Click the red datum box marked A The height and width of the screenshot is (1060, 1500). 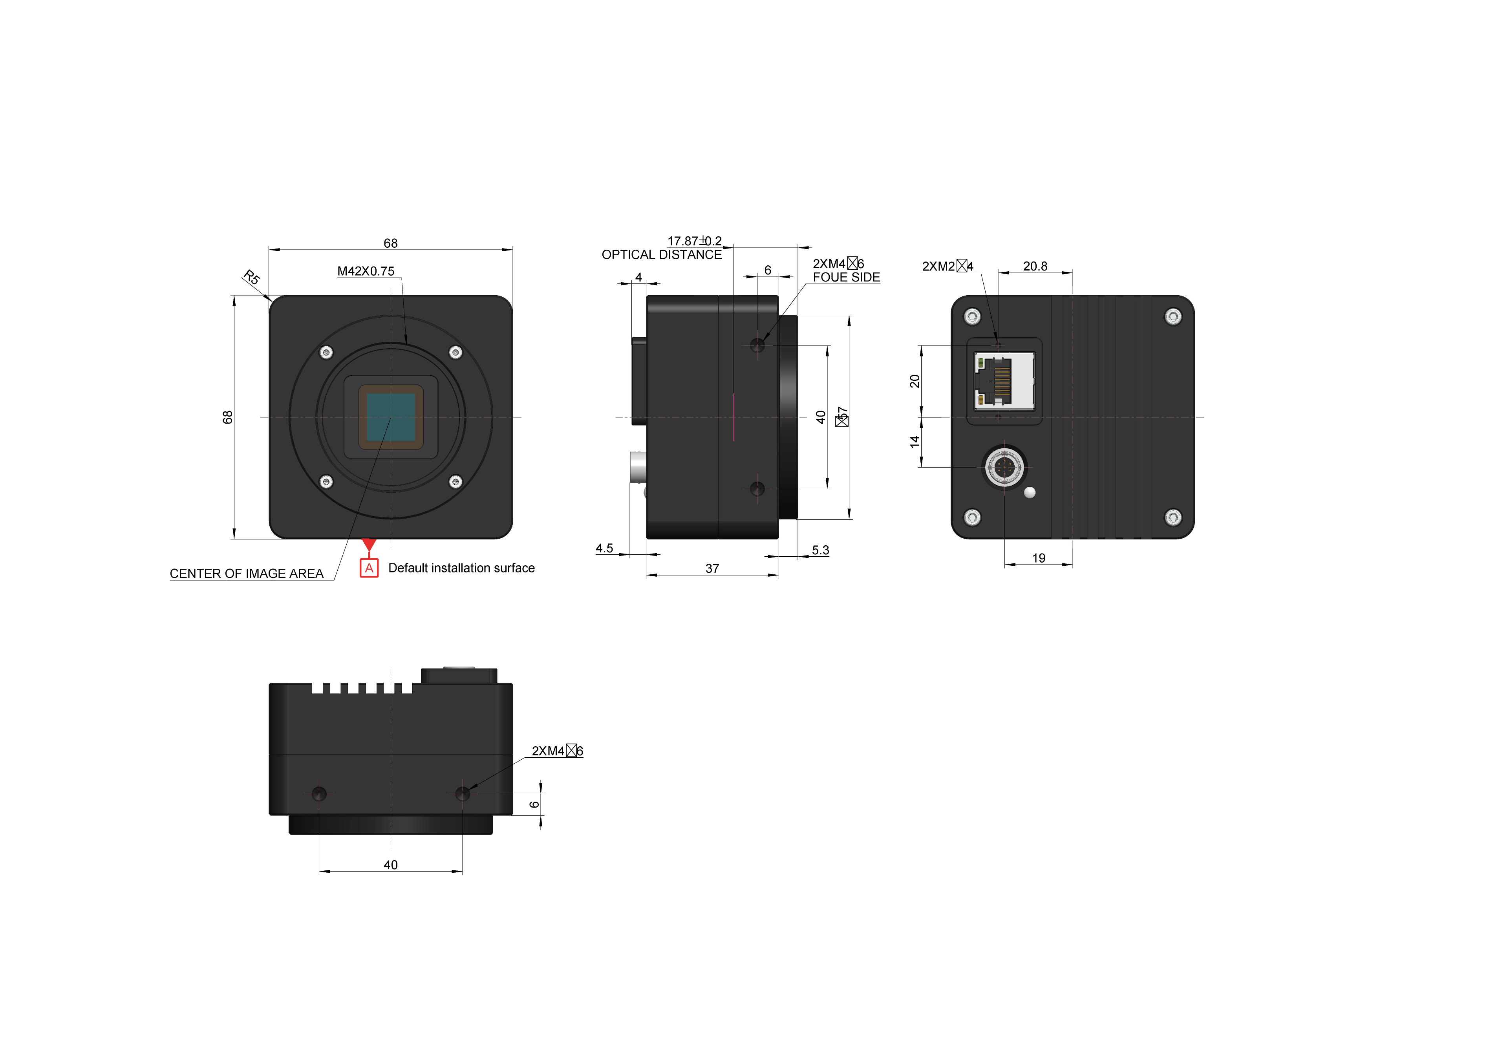point(369,568)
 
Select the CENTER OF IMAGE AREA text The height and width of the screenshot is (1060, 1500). point(246,574)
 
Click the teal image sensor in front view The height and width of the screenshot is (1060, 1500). point(391,417)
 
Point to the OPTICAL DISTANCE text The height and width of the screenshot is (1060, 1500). point(661,255)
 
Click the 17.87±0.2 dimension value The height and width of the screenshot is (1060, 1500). point(694,241)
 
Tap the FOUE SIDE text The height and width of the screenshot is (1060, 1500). point(846,278)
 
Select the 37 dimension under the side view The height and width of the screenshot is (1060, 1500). point(712,568)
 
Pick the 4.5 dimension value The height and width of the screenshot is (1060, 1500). point(604,548)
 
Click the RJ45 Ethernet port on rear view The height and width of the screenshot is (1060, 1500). point(1004,382)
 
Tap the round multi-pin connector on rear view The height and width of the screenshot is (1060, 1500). point(1005,467)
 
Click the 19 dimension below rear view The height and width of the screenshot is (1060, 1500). point(1039,558)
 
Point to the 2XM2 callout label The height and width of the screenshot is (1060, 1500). point(947,267)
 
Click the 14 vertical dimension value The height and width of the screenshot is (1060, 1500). point(915,442)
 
